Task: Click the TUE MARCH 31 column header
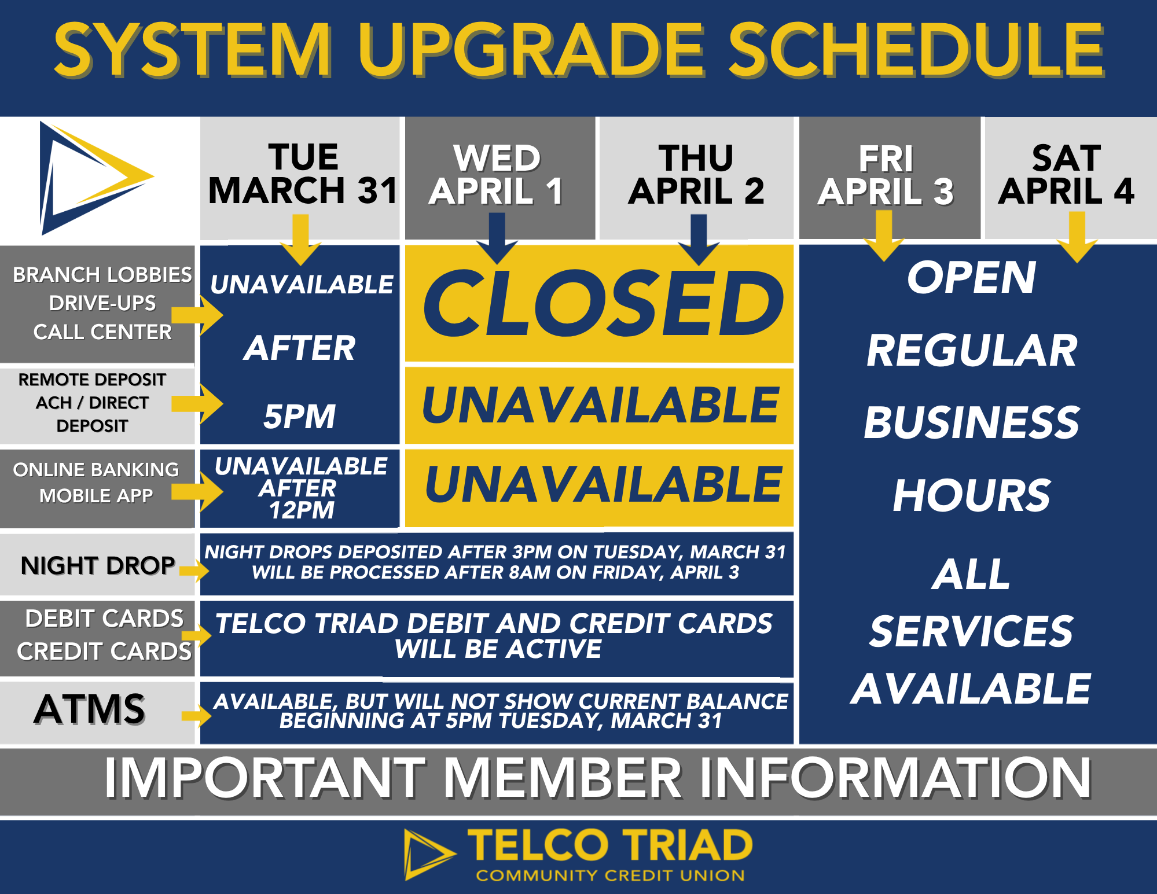click(303, 174)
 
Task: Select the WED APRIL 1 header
click(497, 174)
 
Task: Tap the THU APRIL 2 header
click(696, 174)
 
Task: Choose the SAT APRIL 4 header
click(1066, 174)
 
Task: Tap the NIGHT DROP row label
click(98, 565)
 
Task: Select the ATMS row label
click(90, 709)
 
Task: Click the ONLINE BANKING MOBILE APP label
click(96, 483)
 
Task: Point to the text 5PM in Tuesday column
click(299, 417)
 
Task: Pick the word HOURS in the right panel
click(971, 495)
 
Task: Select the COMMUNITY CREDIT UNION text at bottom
click(610, 875)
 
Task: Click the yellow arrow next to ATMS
click(196, 716)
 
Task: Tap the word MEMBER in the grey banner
click(563, 778)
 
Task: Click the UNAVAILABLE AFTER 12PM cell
click(300, 488)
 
